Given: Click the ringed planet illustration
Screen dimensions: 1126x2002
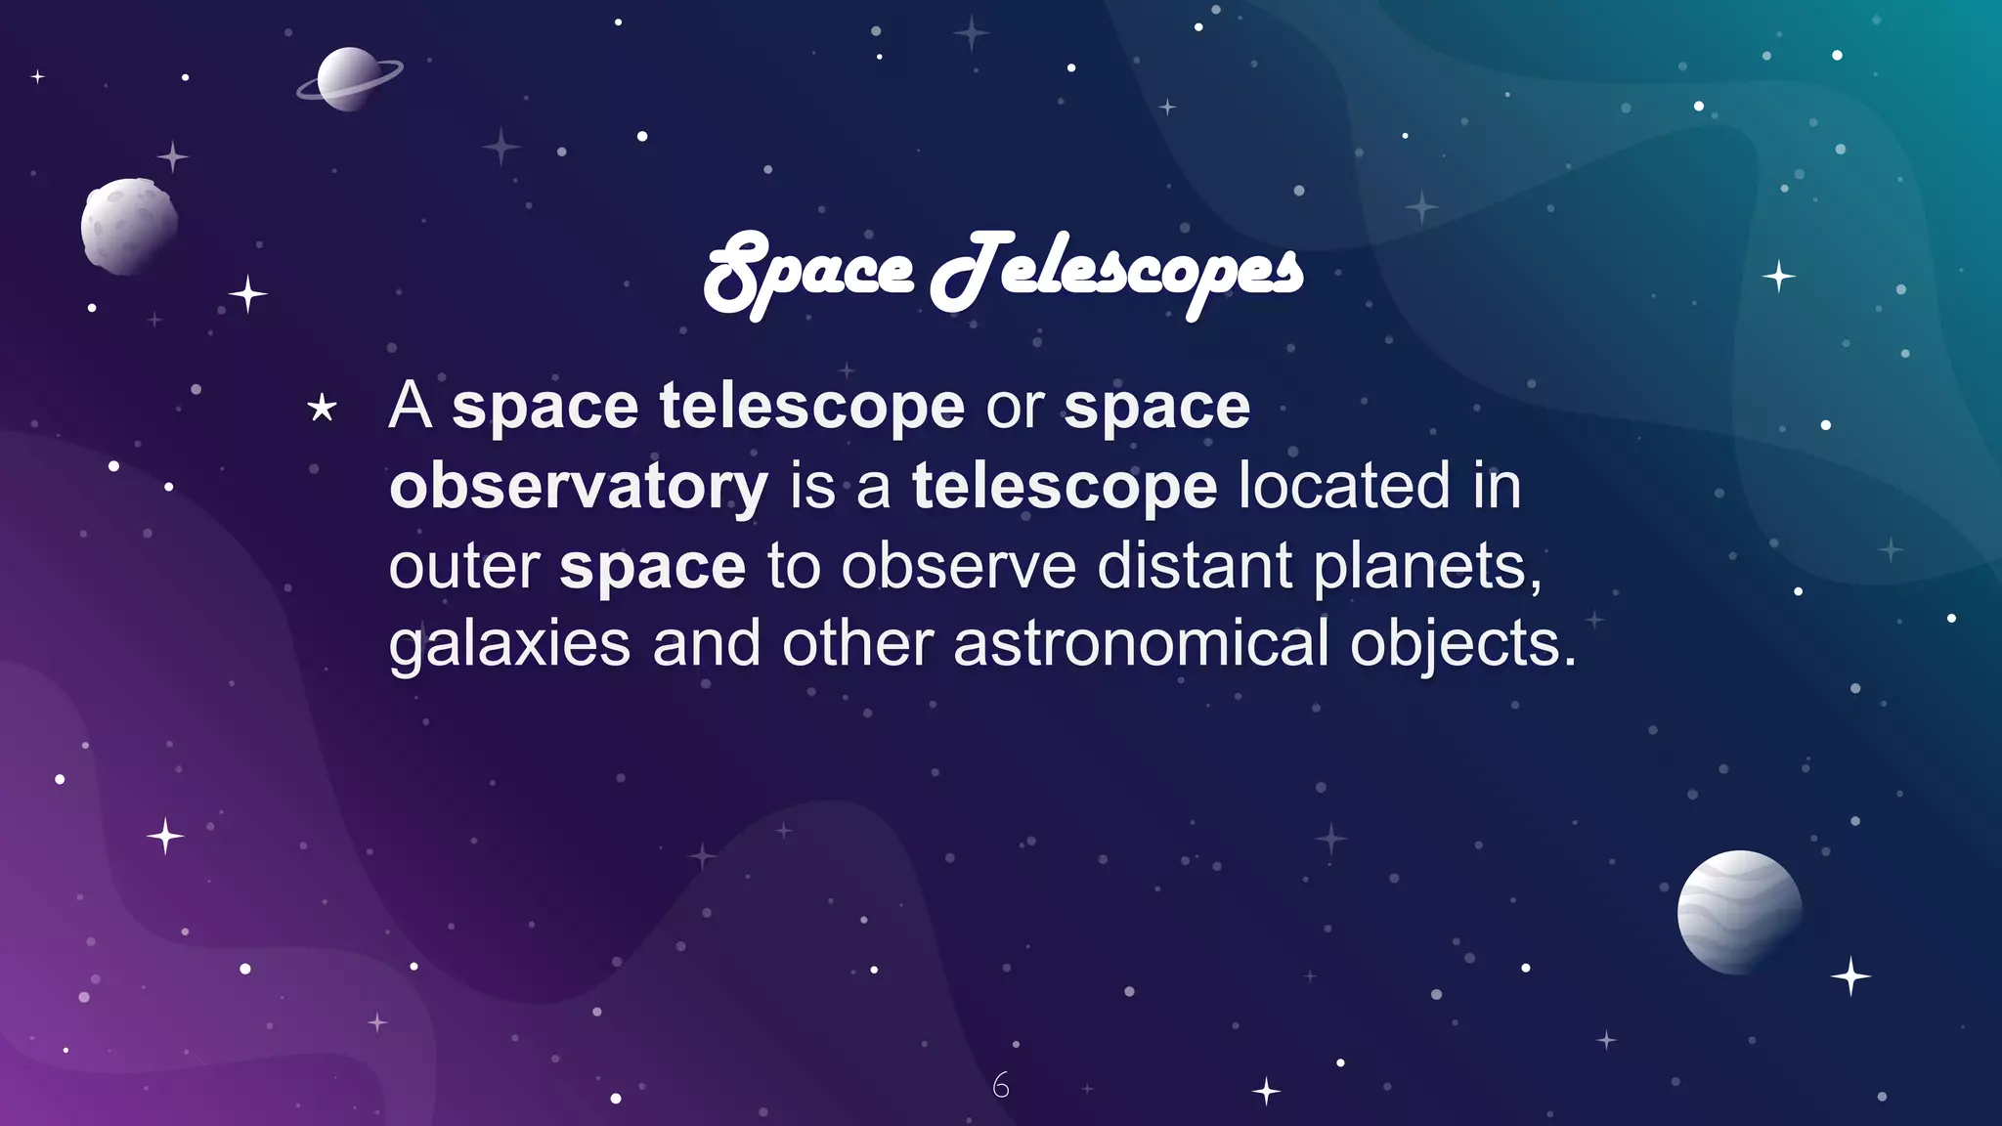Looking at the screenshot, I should point(349,79).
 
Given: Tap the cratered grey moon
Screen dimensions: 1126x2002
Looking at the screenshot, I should point(129,226).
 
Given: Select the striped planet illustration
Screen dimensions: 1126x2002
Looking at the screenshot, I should point(1739,912).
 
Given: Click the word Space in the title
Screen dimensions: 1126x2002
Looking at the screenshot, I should point(808,272).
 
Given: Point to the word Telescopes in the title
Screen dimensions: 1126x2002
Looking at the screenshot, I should point(1116,272).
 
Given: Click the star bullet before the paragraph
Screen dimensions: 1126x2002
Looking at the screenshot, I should point(322,409).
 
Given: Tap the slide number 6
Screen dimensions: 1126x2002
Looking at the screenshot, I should point(1000,1085).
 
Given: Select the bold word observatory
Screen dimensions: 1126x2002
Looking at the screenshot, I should point(579,486).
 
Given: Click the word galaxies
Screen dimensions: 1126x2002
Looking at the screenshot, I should point(509,645).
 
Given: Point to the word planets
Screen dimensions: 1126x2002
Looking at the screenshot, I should point(1427,567).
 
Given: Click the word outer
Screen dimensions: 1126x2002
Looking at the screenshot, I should point(463,567).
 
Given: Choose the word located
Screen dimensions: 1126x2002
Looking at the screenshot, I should point(1344,486).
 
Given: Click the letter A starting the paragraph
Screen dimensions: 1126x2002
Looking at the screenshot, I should point(410,406).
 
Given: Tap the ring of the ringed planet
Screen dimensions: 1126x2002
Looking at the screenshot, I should point(387,70).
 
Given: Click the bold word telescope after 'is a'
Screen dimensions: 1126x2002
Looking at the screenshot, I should point(1065,486).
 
